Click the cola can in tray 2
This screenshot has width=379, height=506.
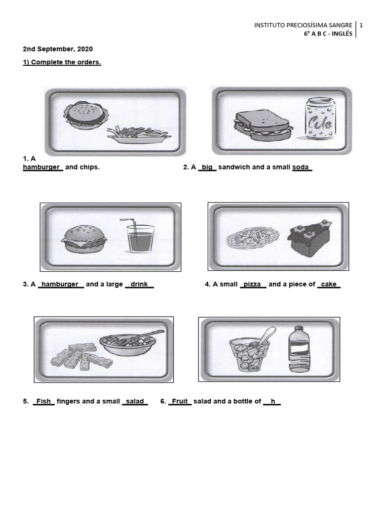(319, 121)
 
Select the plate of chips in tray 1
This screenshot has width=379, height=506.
(138, 134)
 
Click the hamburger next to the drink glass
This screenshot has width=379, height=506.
(83, 239)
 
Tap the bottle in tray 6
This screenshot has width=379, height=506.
(299, 348)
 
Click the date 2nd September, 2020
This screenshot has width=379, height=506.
(58, 49)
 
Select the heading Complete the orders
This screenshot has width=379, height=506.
(62, 63)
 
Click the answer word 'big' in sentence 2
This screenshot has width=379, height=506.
(207, 168)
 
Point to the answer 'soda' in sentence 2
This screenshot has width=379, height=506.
(301, 168)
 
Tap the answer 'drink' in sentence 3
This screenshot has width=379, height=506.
(140, 285)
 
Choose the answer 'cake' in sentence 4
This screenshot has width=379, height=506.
(329, 285)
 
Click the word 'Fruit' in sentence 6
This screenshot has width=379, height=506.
(180, 402)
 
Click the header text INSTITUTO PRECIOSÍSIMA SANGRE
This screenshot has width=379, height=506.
(303, 25)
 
